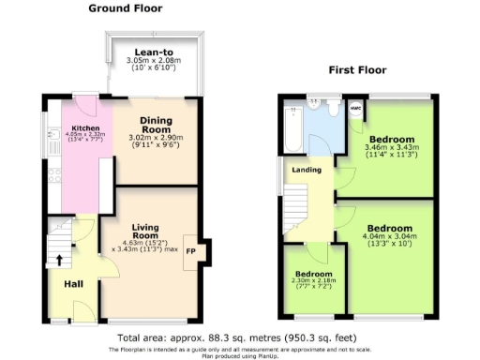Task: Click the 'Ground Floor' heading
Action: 125,8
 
